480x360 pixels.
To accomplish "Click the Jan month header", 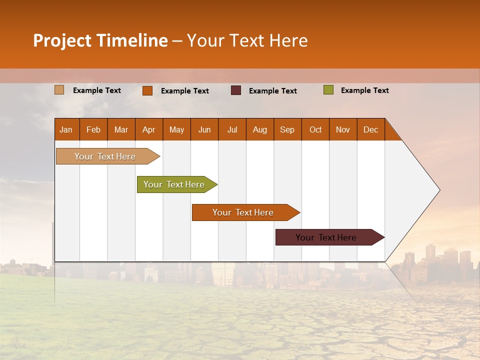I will pos(66,129).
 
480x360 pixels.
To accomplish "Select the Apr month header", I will pos(149,129).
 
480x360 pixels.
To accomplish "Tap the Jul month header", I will pos(232,129).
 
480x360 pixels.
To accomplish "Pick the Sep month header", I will pos(287,129).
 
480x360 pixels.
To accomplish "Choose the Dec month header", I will pos(370,129).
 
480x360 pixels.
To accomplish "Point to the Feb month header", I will pos(93,129).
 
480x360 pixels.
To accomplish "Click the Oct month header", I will pos(315,129).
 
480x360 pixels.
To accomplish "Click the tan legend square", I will pos(59,90).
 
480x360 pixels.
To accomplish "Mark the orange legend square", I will pos(147,90).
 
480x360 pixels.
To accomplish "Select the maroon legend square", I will pos(236,90).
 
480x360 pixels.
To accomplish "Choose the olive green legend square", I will pos(328,90).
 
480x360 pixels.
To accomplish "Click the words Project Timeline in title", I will pos(100,40).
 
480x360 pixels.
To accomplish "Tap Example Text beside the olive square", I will pos(364,90).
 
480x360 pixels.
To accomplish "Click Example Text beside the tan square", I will pos(97,90).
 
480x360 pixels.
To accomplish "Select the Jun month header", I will pos(204,129).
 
